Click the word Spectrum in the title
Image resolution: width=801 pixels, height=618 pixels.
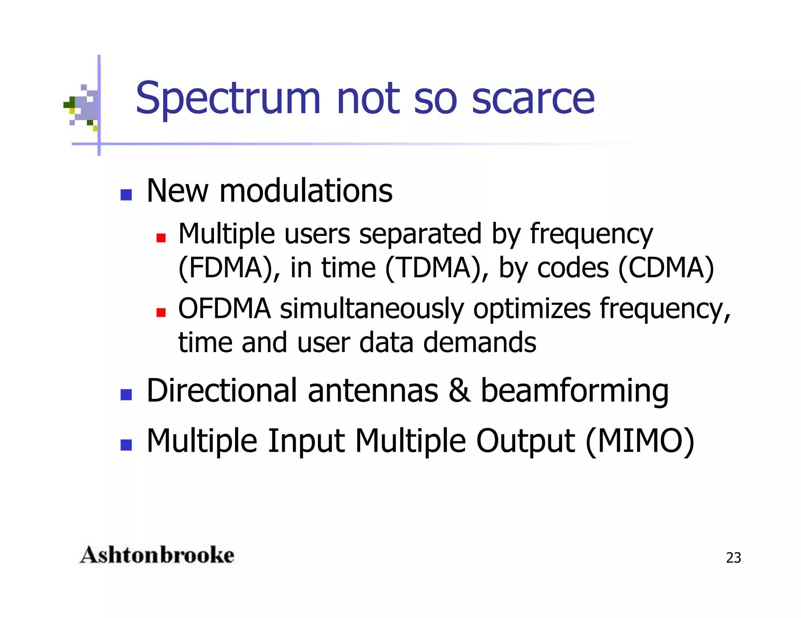pyautogui.click(x=228, y=98)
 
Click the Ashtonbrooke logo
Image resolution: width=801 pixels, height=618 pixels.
pyautogui.click(x=157, y=555)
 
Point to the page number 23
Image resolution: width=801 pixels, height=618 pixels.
pyautogui.click(x=733, y=558)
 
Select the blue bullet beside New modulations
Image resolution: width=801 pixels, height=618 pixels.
pyautogui.click(x=126, y=195)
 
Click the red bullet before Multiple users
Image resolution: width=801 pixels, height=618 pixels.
pyautogui.click(x=161, y=238)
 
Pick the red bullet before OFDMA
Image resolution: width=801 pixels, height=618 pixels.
pyautogui.click(x=161, y=312)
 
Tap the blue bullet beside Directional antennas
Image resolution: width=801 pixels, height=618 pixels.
pyautogui.click(x=126, y=395)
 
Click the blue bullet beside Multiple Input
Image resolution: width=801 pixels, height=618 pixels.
pyautogui.click(x=126, y=445)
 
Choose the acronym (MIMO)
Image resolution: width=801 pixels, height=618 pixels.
pyautogui.click(x=640, y=441)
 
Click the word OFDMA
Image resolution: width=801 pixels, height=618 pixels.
pyautogui.click(x=224, y=309)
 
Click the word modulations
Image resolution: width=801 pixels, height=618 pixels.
pyautogui.click(x=306, y=191)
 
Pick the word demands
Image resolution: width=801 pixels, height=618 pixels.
pyautogui.click(x=480, y=343)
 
